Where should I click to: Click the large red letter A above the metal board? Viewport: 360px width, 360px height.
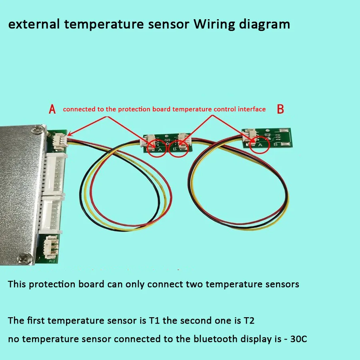click(x=52, y=109)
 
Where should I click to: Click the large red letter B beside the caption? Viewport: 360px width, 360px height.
click(x=280, y=109)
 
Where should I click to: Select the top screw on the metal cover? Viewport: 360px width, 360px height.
click(x=38, y=129)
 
